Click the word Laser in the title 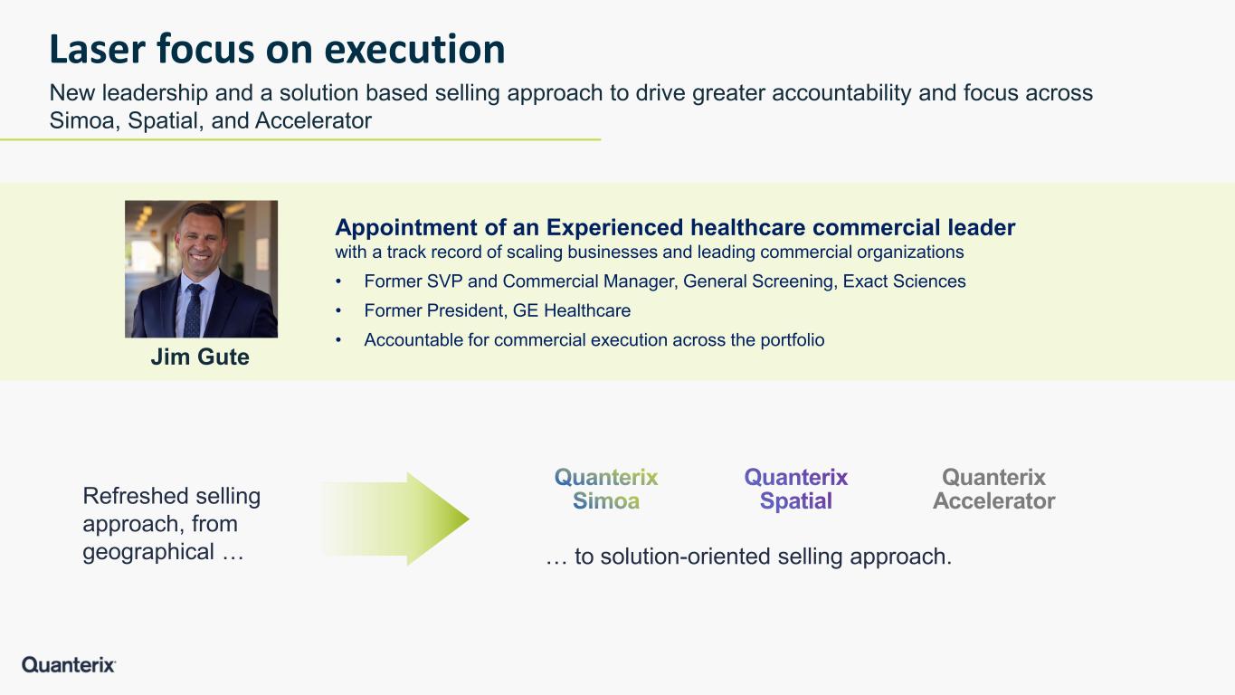97,49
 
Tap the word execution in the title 414,49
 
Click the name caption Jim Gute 200,357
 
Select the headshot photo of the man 201,269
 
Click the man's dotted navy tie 193,310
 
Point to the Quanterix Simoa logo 606,489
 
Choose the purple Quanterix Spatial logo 795,489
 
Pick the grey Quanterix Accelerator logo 993,489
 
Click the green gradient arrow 394,519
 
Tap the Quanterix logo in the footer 69,664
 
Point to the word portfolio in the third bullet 793,340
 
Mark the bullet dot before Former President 338,311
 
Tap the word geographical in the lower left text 148,552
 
